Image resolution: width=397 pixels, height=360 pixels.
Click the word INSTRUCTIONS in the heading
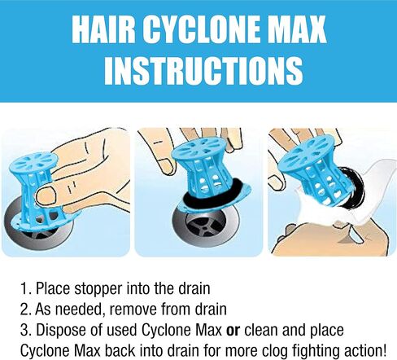click(203, 70)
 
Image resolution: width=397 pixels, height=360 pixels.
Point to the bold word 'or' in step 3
click(233, 330)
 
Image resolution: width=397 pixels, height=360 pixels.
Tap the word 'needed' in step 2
click(80, 310)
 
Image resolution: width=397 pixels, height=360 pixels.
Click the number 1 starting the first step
click(24, 289)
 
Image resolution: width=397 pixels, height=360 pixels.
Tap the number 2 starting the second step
click(24, 310)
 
